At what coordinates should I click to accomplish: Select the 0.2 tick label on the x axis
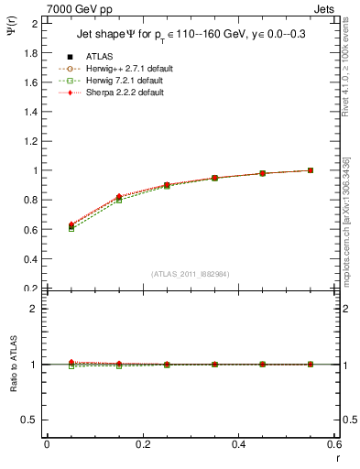pos(142,444)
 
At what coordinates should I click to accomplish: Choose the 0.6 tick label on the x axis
pos(333,444)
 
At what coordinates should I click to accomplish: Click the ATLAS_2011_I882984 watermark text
pos(191,274)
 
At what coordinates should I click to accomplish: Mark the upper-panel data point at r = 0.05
pos(71,225)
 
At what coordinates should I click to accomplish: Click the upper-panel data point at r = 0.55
pos(311,170)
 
